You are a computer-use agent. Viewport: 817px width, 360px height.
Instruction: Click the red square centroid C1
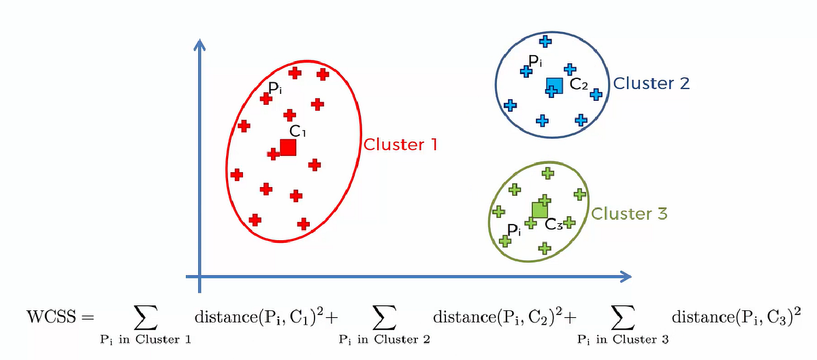click(288, 147)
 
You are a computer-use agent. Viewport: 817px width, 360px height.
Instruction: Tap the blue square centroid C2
click(555, 85)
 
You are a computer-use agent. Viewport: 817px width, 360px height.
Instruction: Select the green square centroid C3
click(540, 210)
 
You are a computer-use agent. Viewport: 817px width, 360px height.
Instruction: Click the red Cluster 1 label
click(400, 145)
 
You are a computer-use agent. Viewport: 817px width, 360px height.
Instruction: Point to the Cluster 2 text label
click(652, 83)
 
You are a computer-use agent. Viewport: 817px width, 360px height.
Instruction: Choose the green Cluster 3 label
click(630, 214)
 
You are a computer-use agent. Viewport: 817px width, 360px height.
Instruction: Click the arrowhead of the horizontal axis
click(625, 276)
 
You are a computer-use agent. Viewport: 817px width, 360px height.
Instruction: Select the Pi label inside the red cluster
click(276, 88)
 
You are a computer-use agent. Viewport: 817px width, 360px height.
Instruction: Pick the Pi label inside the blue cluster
click(536, 62)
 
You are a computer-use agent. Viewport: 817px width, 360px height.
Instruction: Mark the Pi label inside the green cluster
click(515, 229)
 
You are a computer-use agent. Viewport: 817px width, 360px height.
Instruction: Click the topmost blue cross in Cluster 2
click(546, 42)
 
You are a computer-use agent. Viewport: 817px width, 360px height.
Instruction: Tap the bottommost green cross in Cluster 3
click(543, 249)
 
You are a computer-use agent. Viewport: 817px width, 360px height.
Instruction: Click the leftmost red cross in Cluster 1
click(237, 175)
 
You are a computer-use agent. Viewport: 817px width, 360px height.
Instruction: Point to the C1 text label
click(298, 131)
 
